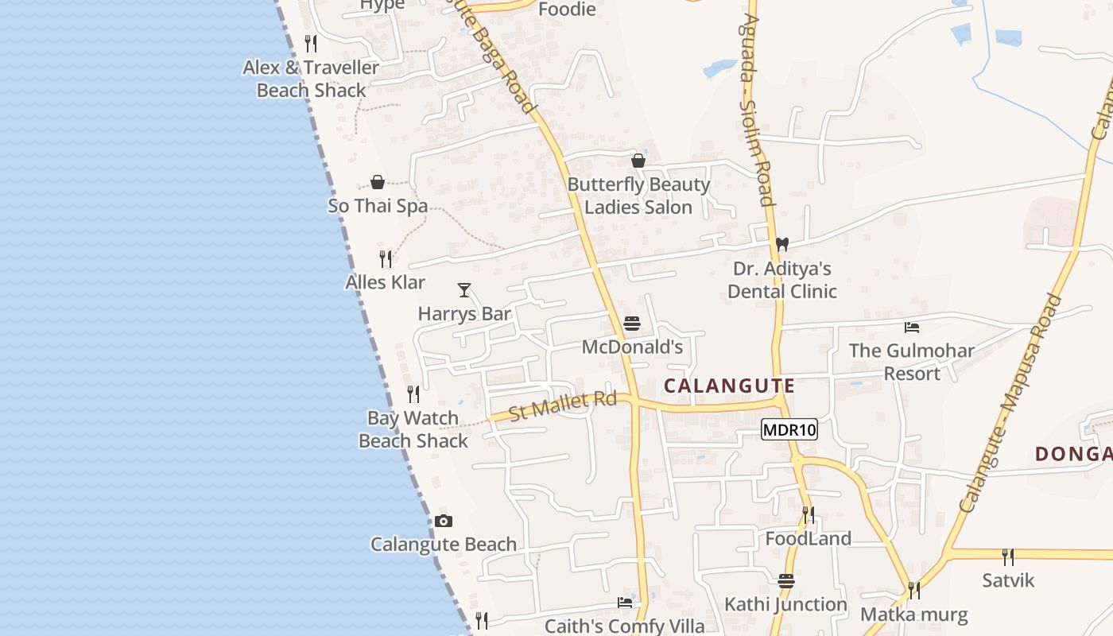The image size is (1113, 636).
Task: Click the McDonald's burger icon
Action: pyautogui.click(x=632, y=324)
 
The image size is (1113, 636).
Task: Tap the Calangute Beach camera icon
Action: pyautogui.click(x=444, y=522)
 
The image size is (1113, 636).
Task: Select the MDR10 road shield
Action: pyautogui.click(x=789, y=430)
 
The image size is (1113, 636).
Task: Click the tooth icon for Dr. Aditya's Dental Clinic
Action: pyautogui.click(x=782, y=244)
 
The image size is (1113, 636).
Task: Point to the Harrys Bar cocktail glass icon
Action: pyautogui.click(x=464, y=290)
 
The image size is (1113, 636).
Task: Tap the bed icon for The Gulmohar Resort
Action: pyautogui.click(x=912, y=327)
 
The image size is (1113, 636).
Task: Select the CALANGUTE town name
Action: pyautogui.click(x=729, y=386)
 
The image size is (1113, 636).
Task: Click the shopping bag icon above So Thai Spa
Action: pyautogui.click(x=378, y=182)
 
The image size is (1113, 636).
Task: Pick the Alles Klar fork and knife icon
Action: pyautogui.click(x=386, y=258)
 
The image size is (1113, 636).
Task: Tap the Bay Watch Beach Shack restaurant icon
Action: pyautogui.click(x=413, y=394)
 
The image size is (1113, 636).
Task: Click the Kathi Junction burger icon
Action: pyautogui.click(x=786, y=581)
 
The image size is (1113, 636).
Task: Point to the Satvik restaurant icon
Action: pyautogui.click(x=1008, y=556)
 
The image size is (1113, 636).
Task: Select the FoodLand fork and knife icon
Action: pyautogui.click(x=809, y=515)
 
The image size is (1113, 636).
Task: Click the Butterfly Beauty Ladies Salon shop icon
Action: pyautogui.click(x=638, y=161)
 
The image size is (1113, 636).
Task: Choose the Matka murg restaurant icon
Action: pyautogui.click(x=914, y=591)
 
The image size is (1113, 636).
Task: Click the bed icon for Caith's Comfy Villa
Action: pyautogui.click(x=625, y=603)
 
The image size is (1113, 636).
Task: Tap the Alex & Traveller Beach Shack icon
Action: pyautogui.click(x=312, y=43)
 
